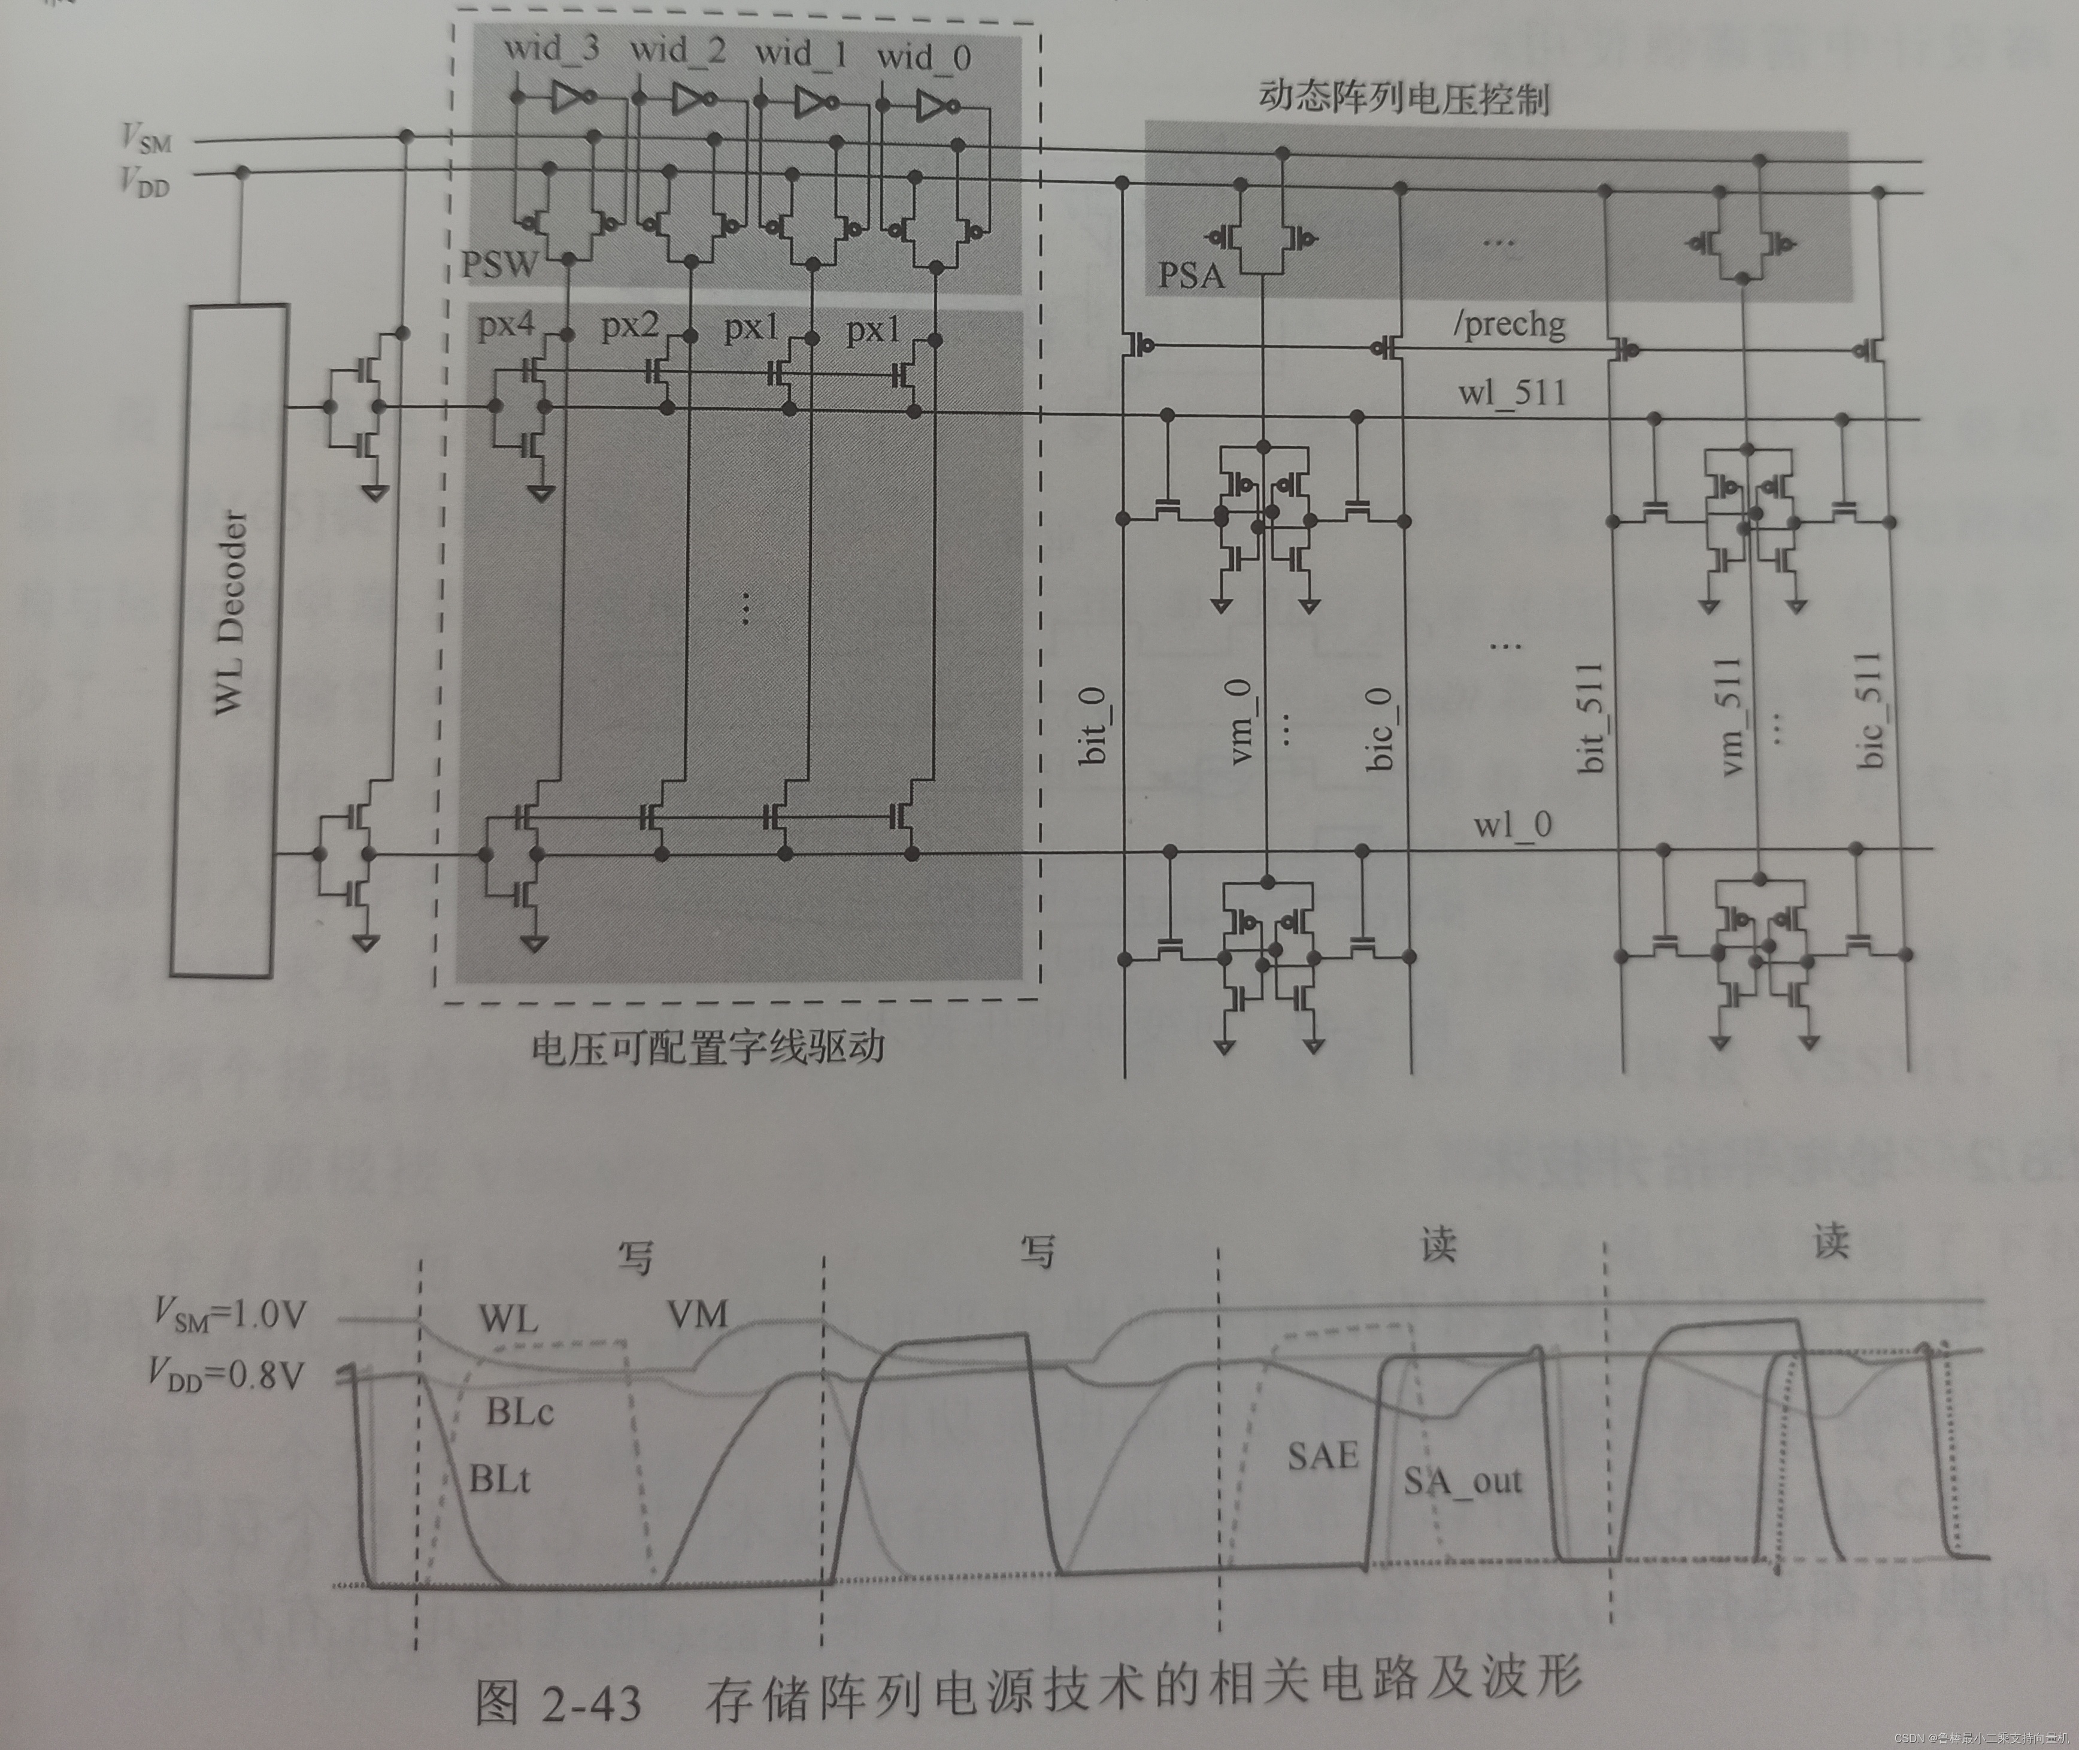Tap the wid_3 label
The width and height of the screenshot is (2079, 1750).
click(551, 48)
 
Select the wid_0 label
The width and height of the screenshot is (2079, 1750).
click(923, 56)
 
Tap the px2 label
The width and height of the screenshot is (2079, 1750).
click(630, 325)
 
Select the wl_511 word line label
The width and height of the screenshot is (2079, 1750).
click(1511, 393)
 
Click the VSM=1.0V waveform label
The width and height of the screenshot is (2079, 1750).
click(230, 1315)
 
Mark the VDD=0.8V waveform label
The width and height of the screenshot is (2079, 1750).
click(226, 1375)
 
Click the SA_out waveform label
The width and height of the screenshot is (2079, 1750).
click(1462, 1481)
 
